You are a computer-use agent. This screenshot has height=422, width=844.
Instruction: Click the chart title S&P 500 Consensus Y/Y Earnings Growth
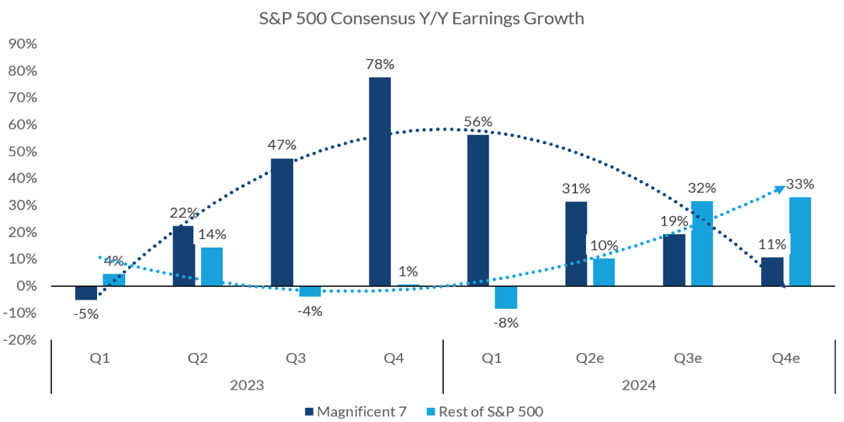point(421,19)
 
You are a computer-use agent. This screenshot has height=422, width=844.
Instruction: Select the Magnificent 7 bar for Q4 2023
point(380,181)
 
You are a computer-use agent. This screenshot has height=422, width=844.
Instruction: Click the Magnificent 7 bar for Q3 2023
point(282,222)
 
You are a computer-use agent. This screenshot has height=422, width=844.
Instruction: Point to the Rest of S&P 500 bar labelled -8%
point(506,298)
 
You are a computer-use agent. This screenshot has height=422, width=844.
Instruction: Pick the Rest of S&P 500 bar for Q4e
point(800,241)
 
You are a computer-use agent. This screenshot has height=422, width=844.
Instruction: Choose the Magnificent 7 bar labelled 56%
point(478,210)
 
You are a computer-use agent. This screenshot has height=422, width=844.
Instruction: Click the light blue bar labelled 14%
point(212,267)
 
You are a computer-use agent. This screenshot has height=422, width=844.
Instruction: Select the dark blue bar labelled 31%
point(576,244)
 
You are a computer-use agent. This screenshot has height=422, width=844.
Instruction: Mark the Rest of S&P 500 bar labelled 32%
point(702,243)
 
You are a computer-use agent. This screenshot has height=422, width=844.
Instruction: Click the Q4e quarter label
point(786,357)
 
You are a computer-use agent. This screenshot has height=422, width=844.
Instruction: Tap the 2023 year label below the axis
point(246,386)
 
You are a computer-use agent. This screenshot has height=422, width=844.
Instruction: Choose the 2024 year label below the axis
point(639,386)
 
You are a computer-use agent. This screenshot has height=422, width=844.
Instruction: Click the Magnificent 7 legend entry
point(356,411)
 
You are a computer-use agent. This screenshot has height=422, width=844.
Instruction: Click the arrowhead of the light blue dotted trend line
point(780,188)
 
